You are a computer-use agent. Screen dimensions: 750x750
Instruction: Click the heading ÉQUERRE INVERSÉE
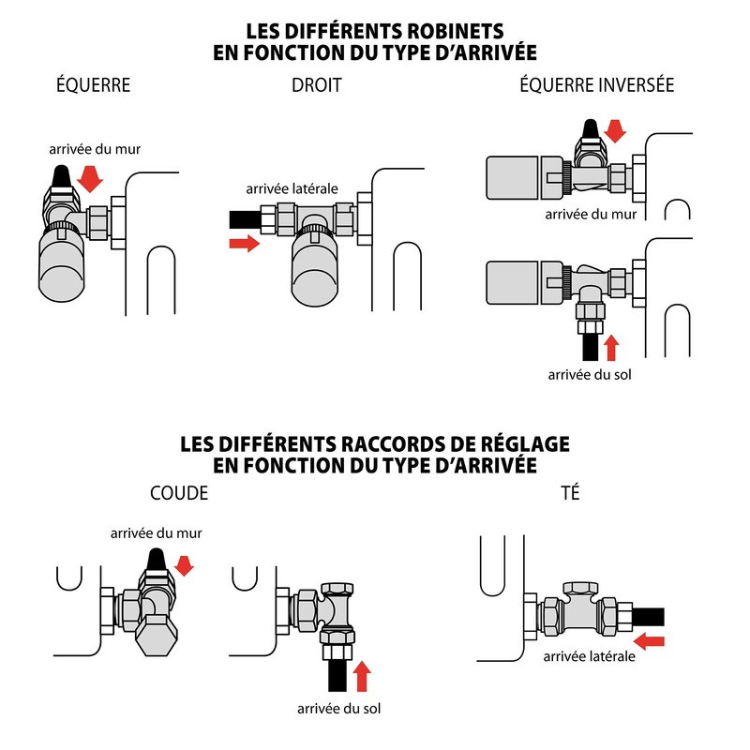[597, 84]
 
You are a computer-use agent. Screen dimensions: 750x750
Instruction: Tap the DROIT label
[317, 85]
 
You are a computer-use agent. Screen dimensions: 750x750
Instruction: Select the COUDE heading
[179, 493]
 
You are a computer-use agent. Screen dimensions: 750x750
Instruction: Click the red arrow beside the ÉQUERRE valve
[90, 179]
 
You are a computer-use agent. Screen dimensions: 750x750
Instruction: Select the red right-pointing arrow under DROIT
[245, 244]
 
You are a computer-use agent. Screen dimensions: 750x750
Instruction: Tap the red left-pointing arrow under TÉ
[649, 641]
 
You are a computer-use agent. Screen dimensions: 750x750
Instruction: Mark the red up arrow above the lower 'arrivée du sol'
[362, 676]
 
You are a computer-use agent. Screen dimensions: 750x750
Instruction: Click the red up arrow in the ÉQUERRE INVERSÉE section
[611, 348]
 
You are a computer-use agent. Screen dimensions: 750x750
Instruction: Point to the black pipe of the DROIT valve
[246, 219]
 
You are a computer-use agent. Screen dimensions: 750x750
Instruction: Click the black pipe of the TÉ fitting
[649, 617]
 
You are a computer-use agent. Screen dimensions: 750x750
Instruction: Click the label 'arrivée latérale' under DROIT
[292, 189]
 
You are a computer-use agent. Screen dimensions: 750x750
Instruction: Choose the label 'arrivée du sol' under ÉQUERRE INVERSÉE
[590, 374]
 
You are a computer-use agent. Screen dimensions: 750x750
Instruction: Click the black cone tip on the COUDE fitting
[156, 560]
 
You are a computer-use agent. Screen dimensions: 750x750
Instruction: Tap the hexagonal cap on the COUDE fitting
[157, 636]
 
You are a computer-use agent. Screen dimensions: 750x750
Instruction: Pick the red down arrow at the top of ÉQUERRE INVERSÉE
[615, 131]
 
